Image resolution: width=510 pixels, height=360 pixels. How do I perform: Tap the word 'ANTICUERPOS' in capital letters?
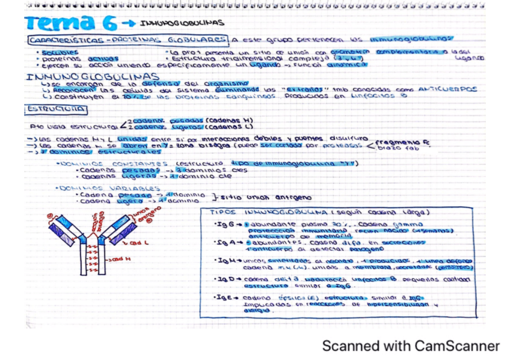pos(449,89)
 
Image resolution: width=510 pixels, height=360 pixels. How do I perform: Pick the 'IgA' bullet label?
pos(221,243)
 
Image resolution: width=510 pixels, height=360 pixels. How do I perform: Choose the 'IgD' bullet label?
pos(221,280)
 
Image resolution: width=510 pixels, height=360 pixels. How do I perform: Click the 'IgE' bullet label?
pos(221,298)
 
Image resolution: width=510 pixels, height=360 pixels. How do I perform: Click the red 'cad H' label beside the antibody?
pos(121,259)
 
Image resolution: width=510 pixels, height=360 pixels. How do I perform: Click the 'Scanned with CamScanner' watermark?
pos(410,346)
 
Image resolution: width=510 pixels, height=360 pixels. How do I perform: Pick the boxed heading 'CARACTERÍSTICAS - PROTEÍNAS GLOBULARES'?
pos(127,40)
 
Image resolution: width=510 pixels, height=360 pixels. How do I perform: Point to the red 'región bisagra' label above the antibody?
pos(102,222)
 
